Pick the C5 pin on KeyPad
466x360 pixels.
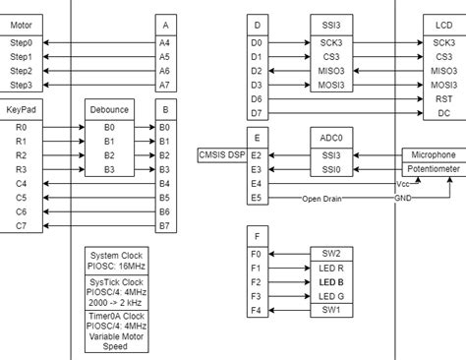(x=22, y=198)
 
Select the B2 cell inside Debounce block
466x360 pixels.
(x=109, y=155)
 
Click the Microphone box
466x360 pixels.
(x=433, y=155)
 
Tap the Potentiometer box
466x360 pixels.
(x=433, y=170)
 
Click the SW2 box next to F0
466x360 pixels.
(x=331, y=253)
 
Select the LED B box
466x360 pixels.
(x=331, y=281)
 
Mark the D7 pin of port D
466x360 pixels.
(x=257, y=114)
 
